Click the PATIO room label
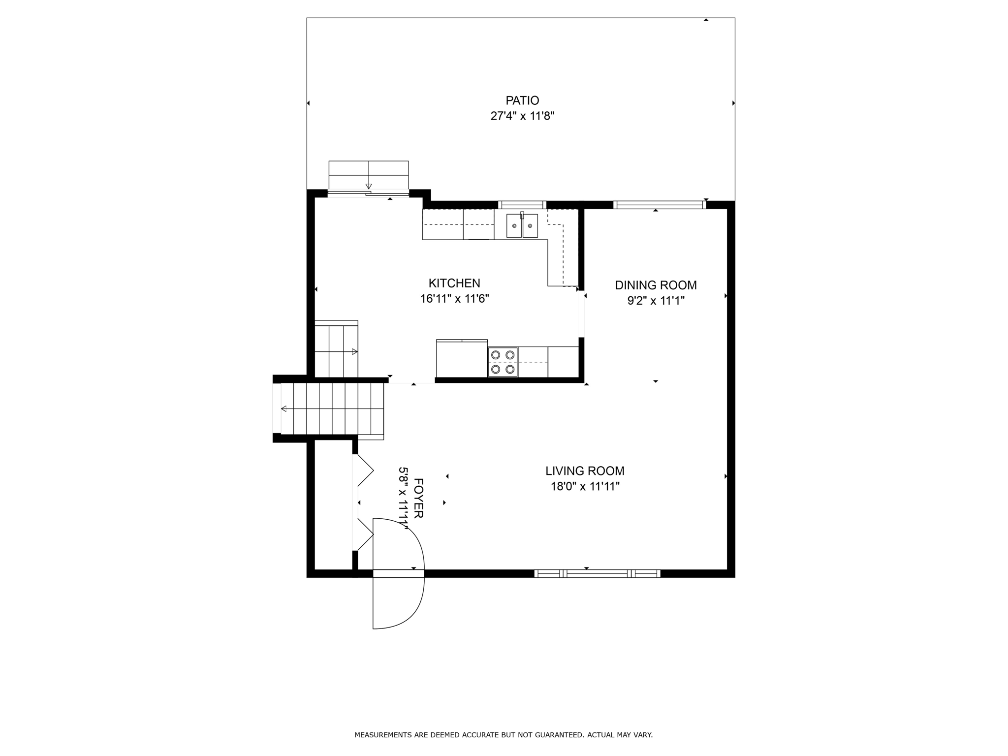(x=522, y=100)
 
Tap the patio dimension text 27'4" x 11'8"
(x=522, y=116)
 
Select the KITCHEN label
(x=454, y=283)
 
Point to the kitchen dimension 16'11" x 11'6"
(x=454, y=299)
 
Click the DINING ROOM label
(x=656, y=285)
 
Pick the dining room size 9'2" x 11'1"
(x=656, y=301)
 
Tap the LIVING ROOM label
(x=585, y=471)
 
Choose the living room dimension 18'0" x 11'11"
(x=585, y=487)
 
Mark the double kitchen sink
(x=522, y=225)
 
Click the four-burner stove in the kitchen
(x=503, y=362)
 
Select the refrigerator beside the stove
(x=462, y=358)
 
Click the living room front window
(x=597, y=573)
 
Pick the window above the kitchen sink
(x=522, y=205)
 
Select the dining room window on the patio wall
(x=660, y=205)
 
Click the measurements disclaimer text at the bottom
(x=504, y=735)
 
